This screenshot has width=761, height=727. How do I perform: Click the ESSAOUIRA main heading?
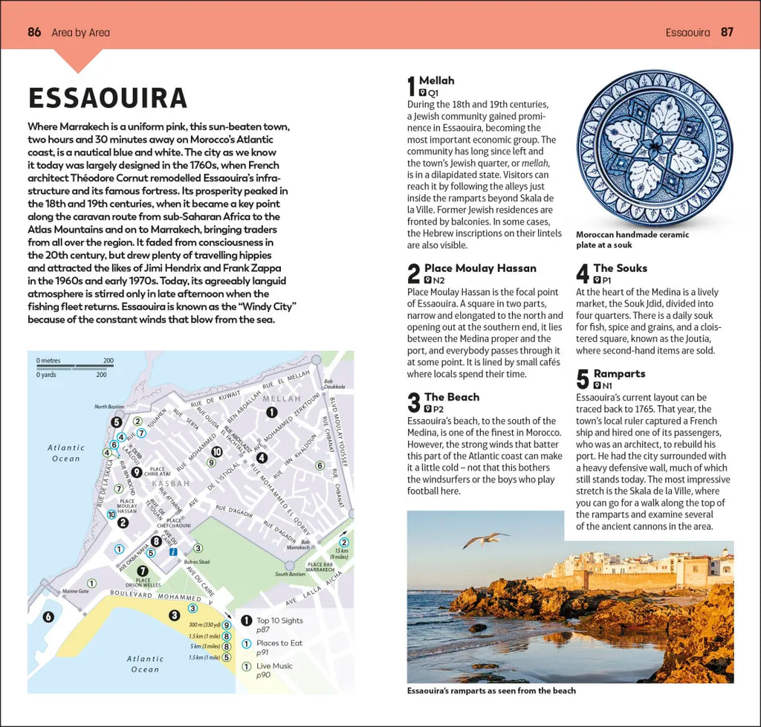click(107, 98)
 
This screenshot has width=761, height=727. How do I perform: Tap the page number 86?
click(34, 32)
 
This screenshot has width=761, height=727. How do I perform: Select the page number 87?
click(727, 32)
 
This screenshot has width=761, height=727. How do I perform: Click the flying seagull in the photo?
click(485, 539)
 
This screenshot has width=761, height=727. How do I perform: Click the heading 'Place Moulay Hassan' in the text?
click(479, 268)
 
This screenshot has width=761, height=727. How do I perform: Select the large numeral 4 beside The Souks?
click(583, 274)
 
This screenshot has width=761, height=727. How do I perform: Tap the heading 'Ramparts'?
click(619, 374)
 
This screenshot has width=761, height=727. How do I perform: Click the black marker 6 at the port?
click(48, 616)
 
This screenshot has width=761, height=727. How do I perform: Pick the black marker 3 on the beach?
click(174, 615)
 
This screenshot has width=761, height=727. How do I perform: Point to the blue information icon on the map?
click(172, 552)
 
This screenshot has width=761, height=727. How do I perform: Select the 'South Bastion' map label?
click(290, 574)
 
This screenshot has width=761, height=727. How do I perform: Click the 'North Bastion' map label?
click(109, 407)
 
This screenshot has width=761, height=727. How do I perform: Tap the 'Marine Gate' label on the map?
click(75, 591)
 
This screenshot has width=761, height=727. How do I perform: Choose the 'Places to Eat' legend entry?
click(279, 644)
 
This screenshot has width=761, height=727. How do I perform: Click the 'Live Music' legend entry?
click(274, 666)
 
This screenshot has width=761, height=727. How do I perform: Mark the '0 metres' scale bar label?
click(50, 361)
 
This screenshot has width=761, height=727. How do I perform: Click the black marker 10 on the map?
click(217, 451)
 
